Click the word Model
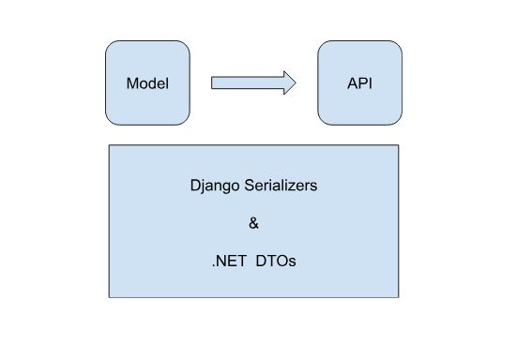[146, 82]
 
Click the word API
[360, 82]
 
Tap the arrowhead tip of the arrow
[296, 82]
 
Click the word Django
[211, 186]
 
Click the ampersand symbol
[253, 223]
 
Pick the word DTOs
[279, 261]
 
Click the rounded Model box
[146, 103]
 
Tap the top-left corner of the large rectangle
[110, 145]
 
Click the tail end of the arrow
[212, 82]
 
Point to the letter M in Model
[131, 82]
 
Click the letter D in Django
[193, 186]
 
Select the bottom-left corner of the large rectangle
[110, 297]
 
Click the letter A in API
[351, 82]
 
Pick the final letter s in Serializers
[314, 186]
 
